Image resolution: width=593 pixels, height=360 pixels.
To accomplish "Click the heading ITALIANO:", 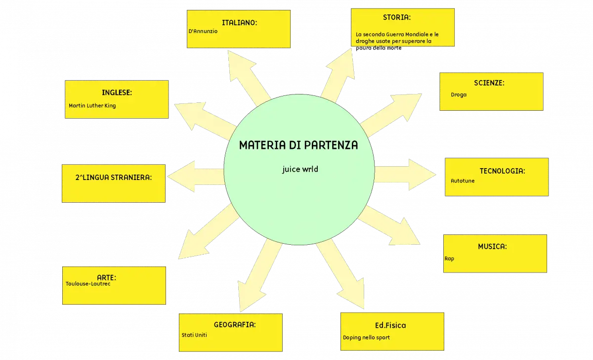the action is (x=239, y=23).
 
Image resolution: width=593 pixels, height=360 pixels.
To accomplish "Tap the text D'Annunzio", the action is (x=203, y=31).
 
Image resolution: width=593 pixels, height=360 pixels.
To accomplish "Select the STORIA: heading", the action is (x=397, y=17).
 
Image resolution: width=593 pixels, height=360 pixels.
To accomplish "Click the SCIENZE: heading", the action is (x=489, y=83).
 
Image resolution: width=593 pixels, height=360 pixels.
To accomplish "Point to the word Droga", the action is (x=459, y=95).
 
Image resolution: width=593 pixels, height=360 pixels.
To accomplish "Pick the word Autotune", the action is (x=463, y=181).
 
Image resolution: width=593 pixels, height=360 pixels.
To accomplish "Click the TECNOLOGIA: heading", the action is (x=502, y=171).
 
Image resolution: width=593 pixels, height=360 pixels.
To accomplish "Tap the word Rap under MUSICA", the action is (x=449, y=259).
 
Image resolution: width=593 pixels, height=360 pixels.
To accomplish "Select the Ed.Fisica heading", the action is (x=390, y=325).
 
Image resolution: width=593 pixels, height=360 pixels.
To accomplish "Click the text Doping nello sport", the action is (x=366, y=337).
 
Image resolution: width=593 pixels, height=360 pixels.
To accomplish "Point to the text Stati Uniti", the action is (x=194, y=335).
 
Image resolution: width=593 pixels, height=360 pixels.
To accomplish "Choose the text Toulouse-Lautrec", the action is (x=88, y=284).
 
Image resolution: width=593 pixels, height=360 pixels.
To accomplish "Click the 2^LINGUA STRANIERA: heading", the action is (x=114, y=178).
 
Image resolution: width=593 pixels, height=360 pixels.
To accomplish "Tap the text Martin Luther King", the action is (x=92, y=106).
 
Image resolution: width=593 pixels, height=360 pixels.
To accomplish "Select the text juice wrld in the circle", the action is (x=300, y=169).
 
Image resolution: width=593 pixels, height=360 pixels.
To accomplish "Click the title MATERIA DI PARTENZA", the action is (x=298, y=145).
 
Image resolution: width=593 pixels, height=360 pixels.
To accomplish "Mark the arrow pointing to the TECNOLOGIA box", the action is (x=405, y=175).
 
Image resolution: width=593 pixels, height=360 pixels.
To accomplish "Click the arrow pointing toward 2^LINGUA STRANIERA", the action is (x=196, y=177).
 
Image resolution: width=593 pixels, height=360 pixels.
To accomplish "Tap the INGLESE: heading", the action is (x=117, y=92).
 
